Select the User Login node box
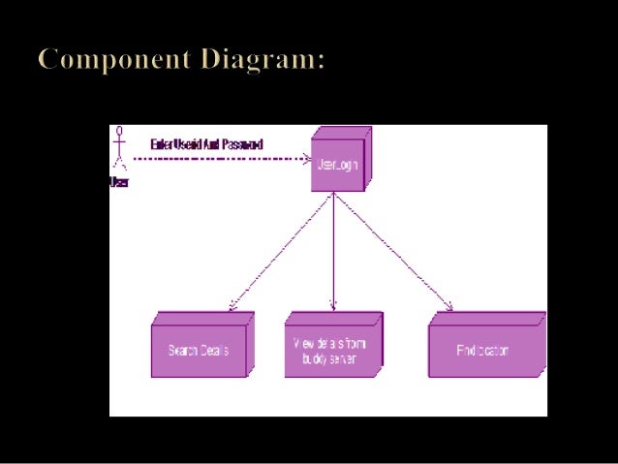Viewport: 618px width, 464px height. coord(336,165)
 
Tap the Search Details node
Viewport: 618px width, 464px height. coord(201,347)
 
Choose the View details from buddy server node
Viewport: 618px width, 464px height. coord(332,347)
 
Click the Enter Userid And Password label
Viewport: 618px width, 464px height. coord(206,144)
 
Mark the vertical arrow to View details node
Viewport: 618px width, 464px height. coord(333,252)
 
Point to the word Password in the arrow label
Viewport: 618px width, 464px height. coord(242,144)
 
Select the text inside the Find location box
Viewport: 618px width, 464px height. coord(482,351)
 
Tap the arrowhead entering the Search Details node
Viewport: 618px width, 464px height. coord(231,308)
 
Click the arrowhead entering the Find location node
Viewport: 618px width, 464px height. coord(449,308)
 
